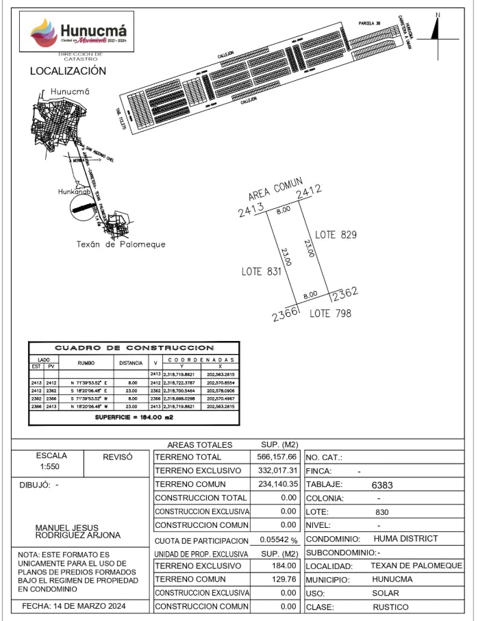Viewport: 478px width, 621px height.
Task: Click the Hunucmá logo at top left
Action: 79,32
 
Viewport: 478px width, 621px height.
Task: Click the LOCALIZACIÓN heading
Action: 68,71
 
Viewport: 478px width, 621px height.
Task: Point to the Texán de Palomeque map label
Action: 121,244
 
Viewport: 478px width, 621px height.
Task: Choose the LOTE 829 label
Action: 336,235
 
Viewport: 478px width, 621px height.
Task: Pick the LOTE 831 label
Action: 262,271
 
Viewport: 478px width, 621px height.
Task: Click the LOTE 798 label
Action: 330,314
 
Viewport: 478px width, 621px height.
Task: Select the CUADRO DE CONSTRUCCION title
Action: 134,348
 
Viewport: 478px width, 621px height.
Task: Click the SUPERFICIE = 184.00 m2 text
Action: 134,416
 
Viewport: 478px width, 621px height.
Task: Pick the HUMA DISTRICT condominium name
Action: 405,539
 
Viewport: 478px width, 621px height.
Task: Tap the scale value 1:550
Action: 51,466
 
